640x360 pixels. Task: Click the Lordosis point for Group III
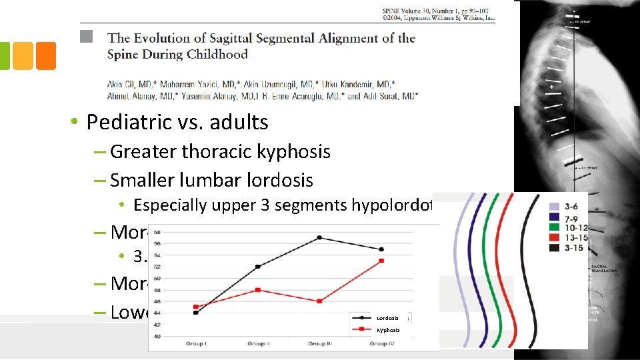point(319,237)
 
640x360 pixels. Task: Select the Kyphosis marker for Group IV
point(381,261)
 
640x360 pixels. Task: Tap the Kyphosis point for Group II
point(257,290)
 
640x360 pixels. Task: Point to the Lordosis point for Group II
point(257,267)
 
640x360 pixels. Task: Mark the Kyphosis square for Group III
point(319,301)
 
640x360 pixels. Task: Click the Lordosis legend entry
point(387,318)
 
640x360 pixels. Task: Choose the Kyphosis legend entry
point(387,330)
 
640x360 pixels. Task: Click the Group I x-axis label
point(196,343)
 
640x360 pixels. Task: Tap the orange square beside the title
point(46,56)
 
